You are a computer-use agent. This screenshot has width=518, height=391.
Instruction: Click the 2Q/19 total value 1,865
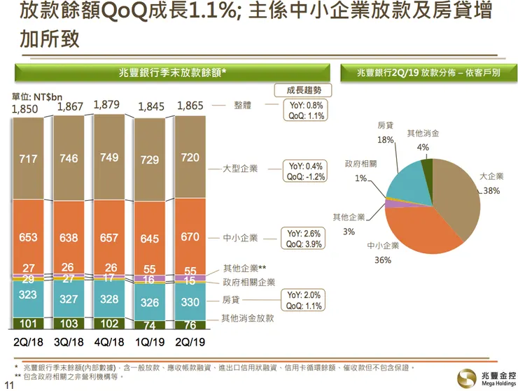click(x=190, y=106)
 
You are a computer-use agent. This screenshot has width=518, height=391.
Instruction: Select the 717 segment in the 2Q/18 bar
click(x=29, y=159)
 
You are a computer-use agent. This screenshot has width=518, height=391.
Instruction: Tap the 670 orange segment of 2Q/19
click(x=190, y=237)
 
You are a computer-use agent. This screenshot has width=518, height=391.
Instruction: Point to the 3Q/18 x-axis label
click(x=70, y=342)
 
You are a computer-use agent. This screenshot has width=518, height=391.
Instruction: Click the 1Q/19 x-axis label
click(x=149, y=342)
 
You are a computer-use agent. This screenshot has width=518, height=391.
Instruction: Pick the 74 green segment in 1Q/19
click(x=149, y=325)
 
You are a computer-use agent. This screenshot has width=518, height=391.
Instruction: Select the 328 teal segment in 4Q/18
click(x=109, y=299)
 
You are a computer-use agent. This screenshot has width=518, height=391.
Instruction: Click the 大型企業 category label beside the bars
click(x=240, y=169)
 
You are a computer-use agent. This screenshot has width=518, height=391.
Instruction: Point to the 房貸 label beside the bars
click(x=232, y=301)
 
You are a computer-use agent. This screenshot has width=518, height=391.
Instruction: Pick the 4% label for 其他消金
click(x=423, y=147)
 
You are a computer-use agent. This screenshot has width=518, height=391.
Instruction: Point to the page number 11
click(x=9, y=383)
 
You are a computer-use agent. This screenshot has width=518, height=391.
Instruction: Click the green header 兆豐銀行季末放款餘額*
click(x=171, y=72)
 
